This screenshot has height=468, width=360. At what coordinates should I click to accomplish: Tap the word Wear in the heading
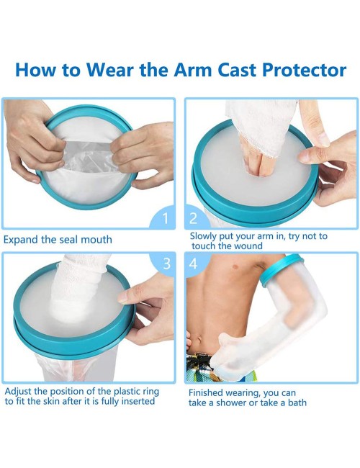pos(111,70)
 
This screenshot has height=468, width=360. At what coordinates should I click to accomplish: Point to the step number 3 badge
pos(163,264)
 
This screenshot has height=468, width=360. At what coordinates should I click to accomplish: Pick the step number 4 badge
pos(197,264)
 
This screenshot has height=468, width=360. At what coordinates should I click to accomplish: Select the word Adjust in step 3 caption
pos(19,391)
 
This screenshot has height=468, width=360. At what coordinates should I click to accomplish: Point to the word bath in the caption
pos(297,402)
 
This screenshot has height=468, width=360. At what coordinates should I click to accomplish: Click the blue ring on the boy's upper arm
pos(281,270)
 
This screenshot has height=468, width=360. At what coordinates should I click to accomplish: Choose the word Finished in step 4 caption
pos(206,393)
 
